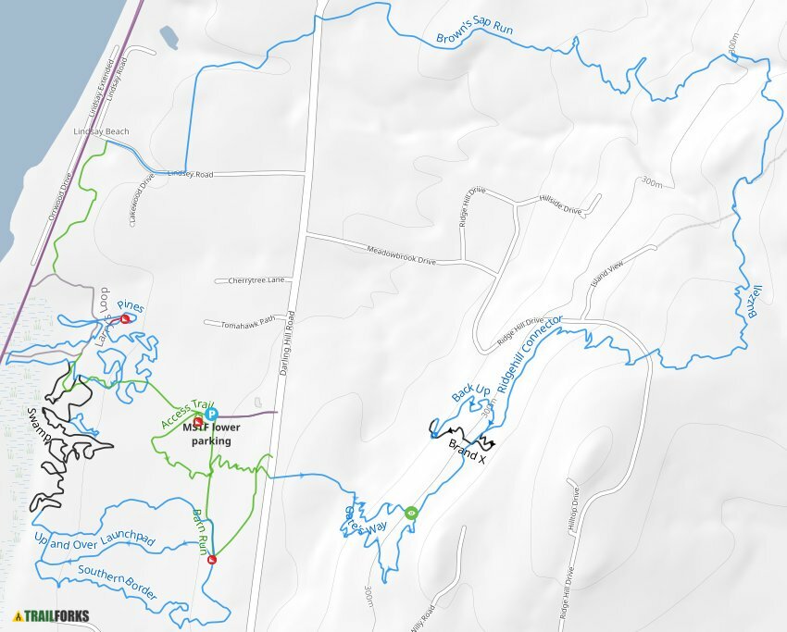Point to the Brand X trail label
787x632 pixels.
pos(467,451)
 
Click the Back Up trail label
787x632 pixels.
pos(470,393)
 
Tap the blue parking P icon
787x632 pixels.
pos(211,415)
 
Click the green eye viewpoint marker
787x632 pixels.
pos(411,512)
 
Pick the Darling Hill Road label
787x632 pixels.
pos(288,357)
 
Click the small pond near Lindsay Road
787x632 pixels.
pos(169,38)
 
